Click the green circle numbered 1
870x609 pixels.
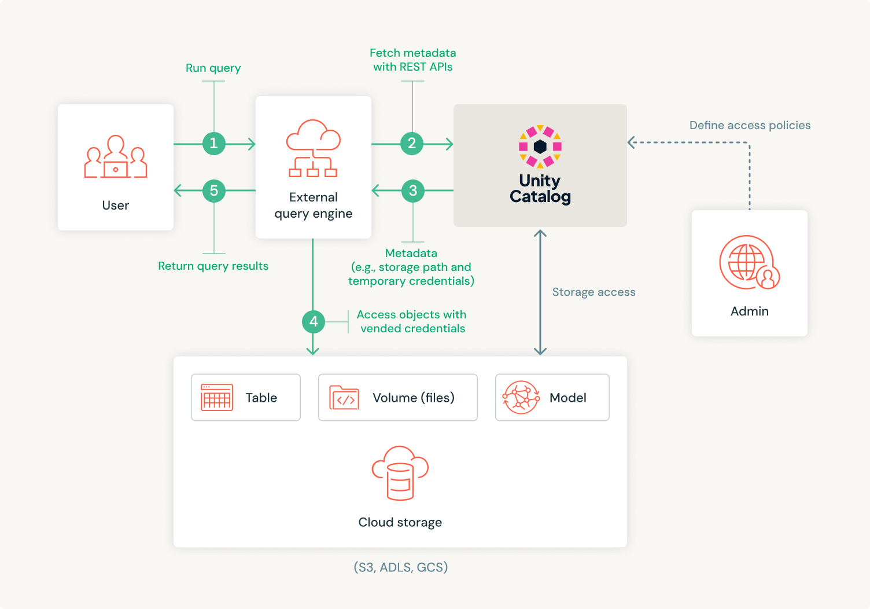[213, 144]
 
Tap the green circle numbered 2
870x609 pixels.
[412, 144]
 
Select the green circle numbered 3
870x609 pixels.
[412, 190]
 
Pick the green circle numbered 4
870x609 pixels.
[313, 321]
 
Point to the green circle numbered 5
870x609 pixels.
[213, 190]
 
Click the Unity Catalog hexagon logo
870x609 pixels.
[540, 146]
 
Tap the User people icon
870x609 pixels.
[116, 157]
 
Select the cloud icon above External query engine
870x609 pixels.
[313, 148]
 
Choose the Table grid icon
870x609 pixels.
[216, 397]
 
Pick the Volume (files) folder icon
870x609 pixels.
[344, 398]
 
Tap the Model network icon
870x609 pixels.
[521, 397]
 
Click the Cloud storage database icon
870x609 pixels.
[400, 473]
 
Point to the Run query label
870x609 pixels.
[213, 68]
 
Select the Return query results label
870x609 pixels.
[213, 266]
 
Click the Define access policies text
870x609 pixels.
[750, 125]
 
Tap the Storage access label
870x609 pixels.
[593, 292]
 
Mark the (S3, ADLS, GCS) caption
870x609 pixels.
[400, 567]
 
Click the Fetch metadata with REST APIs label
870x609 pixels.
[412, 60]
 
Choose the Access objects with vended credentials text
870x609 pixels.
[412, 321]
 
